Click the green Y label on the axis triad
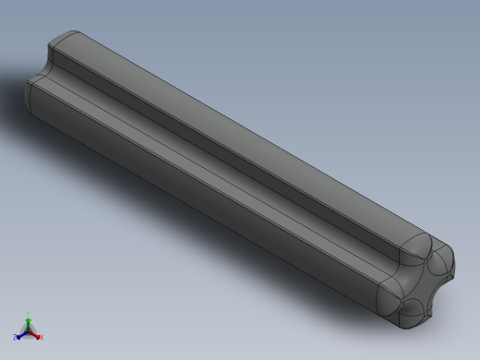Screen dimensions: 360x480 click(x=29, y=314)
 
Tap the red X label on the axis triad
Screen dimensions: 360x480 click(x=42, y=337)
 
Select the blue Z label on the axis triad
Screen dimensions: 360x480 click(x=16, y=337)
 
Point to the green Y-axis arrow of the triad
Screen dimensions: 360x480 click(x=29, y=321)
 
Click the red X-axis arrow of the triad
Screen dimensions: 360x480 click(x=35, y=333)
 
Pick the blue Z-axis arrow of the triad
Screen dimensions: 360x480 click(x=22, y=333)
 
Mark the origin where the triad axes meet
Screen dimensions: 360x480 click(x=29, y=330)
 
